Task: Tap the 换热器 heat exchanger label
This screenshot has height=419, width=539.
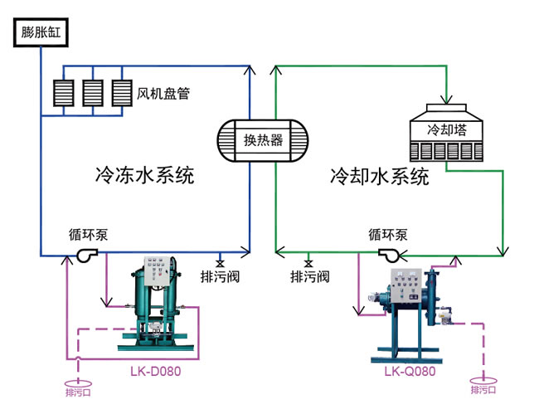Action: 263,139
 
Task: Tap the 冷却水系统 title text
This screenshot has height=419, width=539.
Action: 379,176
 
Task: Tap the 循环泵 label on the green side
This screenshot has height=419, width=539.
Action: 388,235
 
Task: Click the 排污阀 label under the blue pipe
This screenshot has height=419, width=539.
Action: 220,276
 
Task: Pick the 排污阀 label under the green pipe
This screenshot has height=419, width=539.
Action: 309,276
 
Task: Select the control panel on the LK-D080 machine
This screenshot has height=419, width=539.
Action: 159,271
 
